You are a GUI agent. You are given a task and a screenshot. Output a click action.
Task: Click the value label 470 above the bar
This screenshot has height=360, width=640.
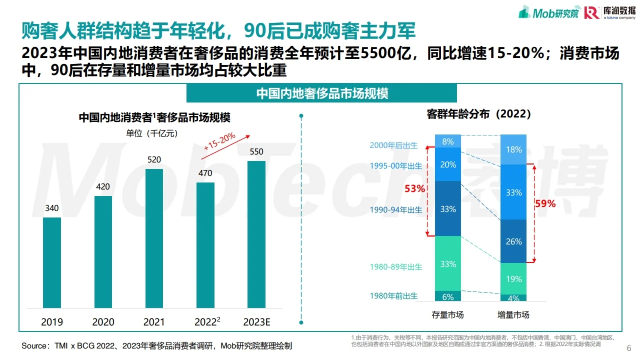click(x=205, y=173)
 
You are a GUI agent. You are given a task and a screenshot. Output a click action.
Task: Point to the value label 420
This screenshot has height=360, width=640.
click(x=103, y=187)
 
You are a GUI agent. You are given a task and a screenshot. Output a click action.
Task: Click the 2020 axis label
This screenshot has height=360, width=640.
click(x=103, y=322)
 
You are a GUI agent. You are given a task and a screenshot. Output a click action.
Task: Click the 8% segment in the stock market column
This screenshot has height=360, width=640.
click(x=448, y=141)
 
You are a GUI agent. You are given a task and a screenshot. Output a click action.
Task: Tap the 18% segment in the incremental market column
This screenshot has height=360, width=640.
click(x=513, y=149)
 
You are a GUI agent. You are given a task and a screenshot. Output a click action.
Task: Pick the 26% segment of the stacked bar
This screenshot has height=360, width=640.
click(x=513, y=241)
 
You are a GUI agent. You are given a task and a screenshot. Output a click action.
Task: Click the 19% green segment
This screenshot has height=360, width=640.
click(x=513, y=279)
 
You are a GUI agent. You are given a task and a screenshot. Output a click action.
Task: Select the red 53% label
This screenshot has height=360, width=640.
click(x=415, y=189)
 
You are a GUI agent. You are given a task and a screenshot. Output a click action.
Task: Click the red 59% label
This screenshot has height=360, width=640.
click(x=545, y=203)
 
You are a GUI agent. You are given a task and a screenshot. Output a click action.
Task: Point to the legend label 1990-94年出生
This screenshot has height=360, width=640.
click(x=396, y=210)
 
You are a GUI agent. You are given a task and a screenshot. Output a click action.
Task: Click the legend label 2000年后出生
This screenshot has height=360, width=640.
click(x=393, y=145)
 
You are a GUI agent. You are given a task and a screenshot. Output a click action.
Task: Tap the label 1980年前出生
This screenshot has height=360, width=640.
click(x=393, y=296)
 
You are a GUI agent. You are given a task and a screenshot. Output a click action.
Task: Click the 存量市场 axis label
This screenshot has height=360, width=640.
click(x=448, y=315)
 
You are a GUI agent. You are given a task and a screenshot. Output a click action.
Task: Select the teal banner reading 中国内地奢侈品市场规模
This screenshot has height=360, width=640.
click(x=321, y=93)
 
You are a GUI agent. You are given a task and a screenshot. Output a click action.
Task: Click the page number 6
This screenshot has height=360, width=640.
click(x=628, y=348)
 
